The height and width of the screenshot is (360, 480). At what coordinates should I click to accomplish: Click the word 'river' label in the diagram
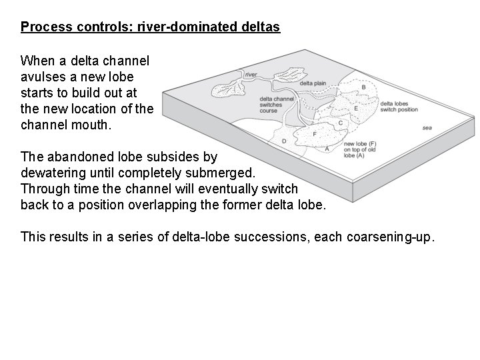(251, 75)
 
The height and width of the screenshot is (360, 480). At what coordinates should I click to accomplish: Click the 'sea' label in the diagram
(427, 127)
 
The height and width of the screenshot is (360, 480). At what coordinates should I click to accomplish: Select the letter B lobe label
(363, 87)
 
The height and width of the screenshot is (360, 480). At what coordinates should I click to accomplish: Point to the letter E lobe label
(356, 109)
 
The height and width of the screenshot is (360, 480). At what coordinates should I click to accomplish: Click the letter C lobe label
(341, 123)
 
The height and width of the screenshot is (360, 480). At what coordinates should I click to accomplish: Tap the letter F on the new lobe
(315, 134)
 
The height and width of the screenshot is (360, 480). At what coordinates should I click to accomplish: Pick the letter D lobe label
(284, 141)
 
